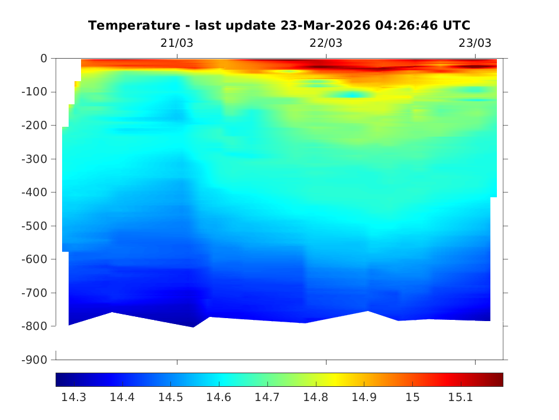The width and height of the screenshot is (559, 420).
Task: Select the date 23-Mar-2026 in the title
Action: (335, 25)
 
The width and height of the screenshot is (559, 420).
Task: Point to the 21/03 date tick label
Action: (177, 43)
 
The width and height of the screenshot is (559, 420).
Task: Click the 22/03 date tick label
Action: (326, 43)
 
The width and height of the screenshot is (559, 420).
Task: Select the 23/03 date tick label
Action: (475, 43)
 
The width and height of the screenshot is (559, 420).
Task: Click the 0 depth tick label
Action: (44, 59)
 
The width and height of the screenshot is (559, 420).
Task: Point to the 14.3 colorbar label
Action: (74, 397)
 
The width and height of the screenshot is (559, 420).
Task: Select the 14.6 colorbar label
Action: (219, 397)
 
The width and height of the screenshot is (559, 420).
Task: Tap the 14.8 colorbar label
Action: (316, 397)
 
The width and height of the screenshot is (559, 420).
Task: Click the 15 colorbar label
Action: (412, 397)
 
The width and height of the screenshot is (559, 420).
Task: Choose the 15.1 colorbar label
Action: (461, 397)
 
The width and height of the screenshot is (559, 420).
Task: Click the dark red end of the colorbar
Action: (499, 380)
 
